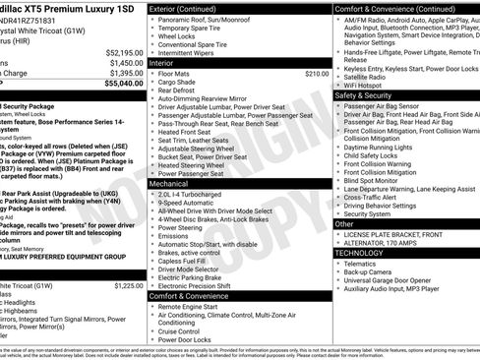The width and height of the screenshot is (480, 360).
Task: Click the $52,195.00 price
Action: click(x=124, y=52)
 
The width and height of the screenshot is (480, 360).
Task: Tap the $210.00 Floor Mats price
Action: click(x=317, y=74)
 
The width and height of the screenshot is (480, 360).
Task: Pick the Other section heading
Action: click(x=344, y=224)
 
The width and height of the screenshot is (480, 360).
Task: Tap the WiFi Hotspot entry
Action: click(x=368, y=86)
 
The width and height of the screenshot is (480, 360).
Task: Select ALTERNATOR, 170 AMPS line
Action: click(x=387, y=243)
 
